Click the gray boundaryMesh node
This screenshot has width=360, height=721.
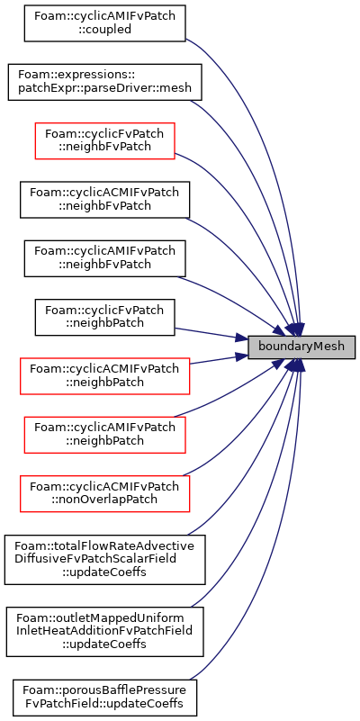(x=301, y=347)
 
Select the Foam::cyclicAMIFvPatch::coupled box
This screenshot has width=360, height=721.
(x=104, y=23)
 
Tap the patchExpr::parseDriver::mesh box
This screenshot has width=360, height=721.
(x=104, y=82)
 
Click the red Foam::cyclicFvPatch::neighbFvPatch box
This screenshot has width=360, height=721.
(x=104, y=140)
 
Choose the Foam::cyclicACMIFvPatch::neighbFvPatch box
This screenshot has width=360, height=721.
(x=104, y=200)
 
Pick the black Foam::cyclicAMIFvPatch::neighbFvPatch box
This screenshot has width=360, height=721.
(x=104, y=258)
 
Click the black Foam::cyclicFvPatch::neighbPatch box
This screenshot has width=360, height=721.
(x=104, y=317)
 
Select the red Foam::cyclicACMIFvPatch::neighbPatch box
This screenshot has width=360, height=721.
(x=104, y=376)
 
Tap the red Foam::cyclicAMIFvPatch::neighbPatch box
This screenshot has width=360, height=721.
(x=104, y=435)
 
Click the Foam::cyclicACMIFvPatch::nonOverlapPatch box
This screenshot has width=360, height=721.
(x=104, y=494)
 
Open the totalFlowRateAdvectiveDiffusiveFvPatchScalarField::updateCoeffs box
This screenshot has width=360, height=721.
(x=104, y=560)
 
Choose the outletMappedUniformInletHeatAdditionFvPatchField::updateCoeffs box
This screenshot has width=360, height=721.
(x=104, y=632)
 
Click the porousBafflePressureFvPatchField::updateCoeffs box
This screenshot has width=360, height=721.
(x=104, y=698)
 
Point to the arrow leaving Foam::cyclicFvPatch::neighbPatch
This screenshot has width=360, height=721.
(x=211, y=334)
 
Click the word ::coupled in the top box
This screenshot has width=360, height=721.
(x=104, y=30)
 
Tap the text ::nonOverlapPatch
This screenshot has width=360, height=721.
(x=104, y=500)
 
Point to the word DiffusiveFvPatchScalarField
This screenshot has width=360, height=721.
(x=103, y=559)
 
